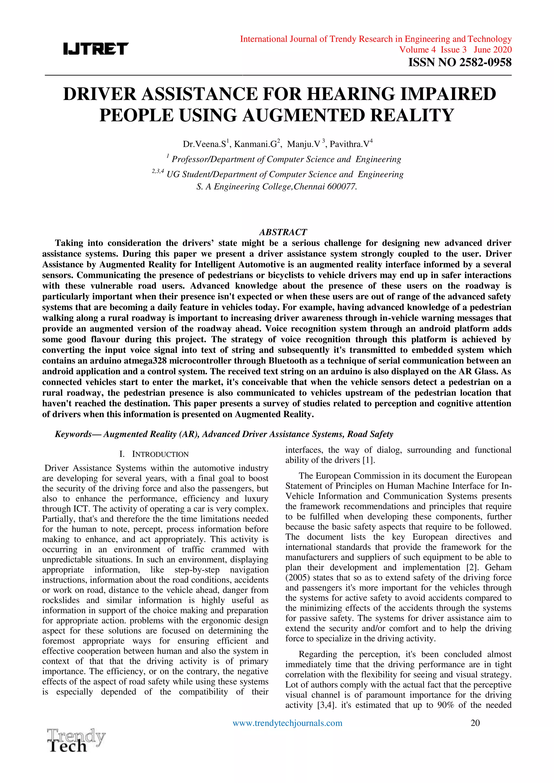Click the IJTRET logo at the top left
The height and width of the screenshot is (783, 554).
pyautogui.click(x=96, y=49)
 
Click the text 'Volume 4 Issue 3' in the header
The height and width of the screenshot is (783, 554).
pyautogui.click(x=433, y=50)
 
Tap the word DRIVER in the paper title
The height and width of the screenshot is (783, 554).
pyautogui.click(x=100, y=94)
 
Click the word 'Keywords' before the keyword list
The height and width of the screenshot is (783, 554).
pyautogui.click(x=73, y=434)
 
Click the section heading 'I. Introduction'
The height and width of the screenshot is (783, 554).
pyautogui.click(x=154, y=454)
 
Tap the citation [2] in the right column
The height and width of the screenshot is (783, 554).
pyautogui.click(x=472, y=568)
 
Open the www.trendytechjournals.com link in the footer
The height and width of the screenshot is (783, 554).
pyautogui.click(x=287, y=723)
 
